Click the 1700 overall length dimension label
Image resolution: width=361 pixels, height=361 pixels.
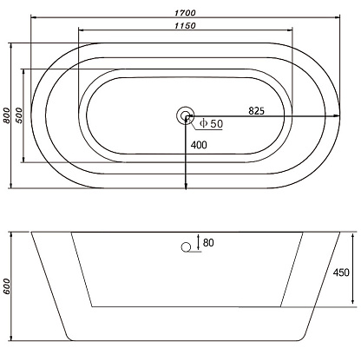click(185, 13)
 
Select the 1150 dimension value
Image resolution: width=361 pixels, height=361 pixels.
click(185, 25)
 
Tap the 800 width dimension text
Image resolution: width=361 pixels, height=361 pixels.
click(6, 115)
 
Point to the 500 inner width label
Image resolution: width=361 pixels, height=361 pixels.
click(18, 115)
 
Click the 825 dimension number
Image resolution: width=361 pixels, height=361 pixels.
click(257, 110)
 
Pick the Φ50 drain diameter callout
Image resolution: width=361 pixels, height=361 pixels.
click(212, 124)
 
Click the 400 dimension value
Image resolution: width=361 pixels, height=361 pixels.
click(199, 145)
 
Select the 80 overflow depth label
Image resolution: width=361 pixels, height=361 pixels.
click(208, 243)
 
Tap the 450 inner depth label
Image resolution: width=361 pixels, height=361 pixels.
click(341, 272)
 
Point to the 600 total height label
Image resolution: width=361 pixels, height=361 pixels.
click(6, 286)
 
